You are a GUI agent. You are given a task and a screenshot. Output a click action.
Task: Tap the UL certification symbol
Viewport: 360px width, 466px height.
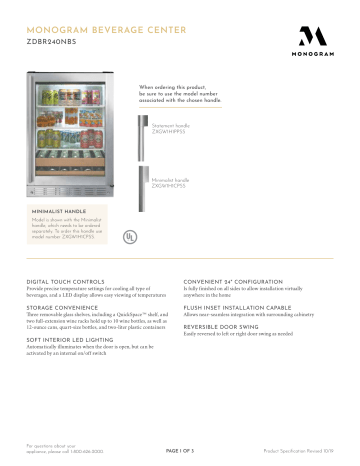click(x=129, y=238)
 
